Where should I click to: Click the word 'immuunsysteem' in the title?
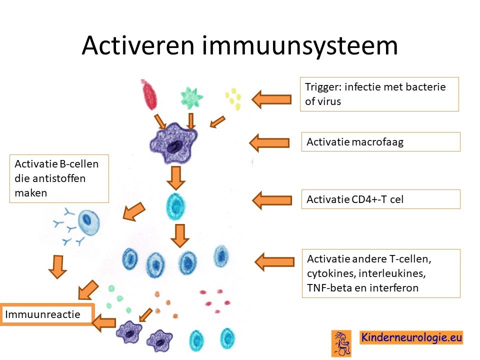point(299,46)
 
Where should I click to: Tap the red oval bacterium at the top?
point(149,94)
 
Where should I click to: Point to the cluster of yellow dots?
point(233,98)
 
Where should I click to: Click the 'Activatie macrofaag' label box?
point(381,141)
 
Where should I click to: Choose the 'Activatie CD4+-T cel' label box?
point(381,199)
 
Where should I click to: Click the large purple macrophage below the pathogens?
point(174,142)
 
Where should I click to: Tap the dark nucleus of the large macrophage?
point(174,147)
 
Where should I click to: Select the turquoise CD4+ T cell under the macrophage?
point(175,206)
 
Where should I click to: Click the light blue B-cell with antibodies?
point(89,222)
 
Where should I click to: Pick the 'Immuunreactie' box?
point(47,314)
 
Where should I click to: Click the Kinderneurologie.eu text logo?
point(411,337)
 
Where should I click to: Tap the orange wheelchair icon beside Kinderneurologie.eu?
point(341,343)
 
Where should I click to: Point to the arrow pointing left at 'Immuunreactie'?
point(104,322)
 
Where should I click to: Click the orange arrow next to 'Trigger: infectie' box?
point(271,99)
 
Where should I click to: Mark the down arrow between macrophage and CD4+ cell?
point(175,178)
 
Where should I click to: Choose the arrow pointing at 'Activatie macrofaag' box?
point(269,142)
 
